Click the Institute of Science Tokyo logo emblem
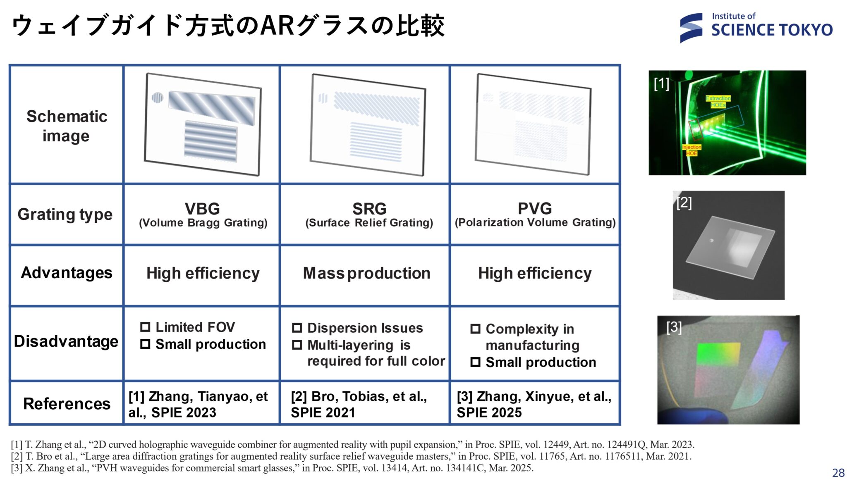click(691, 28)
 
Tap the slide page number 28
click(838, 472)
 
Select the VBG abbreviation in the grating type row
click(202, 208)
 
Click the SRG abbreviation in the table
click(369, 208)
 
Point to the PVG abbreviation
click(535, 208)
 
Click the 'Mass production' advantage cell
click(367, 273)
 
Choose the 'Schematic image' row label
click(67, 126)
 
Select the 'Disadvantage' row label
click(66, 341)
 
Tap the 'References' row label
click(67, 403)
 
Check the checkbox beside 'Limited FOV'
click(145, 327)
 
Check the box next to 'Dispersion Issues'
click(297, 328)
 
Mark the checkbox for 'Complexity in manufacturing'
click(476, 329)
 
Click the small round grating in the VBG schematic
click(158, 98)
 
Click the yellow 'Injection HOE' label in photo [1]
click(691, 150)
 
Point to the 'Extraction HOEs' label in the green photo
click(718, 102)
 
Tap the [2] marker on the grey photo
click(684, 203)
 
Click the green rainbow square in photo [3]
click(718, 355)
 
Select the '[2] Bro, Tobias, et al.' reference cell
click(359, 404)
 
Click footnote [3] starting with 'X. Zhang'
click(272, 468)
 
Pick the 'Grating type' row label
click(65, 214)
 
